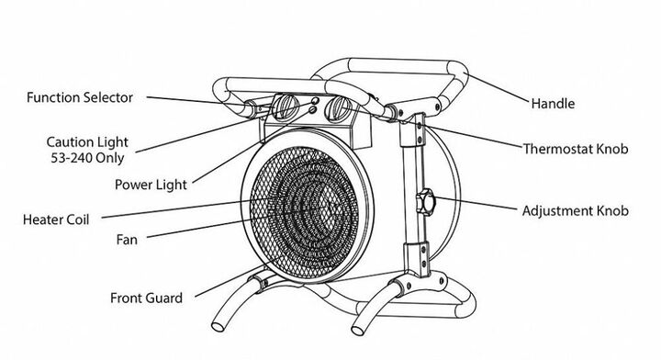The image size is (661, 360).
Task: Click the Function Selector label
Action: point(80,97)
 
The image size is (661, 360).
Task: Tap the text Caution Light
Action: point(87,142)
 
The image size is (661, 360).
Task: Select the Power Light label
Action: point(151,185)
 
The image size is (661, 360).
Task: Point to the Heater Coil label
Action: point(56,219)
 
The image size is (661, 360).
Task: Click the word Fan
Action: point(127,240)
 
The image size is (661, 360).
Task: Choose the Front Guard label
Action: point(146,298)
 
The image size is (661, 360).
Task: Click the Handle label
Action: point(553,103)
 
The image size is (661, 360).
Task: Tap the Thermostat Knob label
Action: point(576,149)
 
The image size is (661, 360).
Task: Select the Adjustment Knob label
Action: point(575,211)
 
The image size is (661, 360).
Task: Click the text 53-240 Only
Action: point(87,158)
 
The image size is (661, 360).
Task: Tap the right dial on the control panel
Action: point(337,108)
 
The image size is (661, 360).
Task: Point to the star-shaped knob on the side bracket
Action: point(426,202)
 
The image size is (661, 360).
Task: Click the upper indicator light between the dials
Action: point(315,101)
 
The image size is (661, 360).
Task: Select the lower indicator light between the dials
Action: point(312,109)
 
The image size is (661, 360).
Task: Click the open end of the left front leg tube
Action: point(218,327)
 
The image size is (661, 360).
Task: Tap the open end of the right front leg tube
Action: point(358,331)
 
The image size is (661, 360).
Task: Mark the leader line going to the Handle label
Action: point(498,88)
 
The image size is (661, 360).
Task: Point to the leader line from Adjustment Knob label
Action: point(476,203)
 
